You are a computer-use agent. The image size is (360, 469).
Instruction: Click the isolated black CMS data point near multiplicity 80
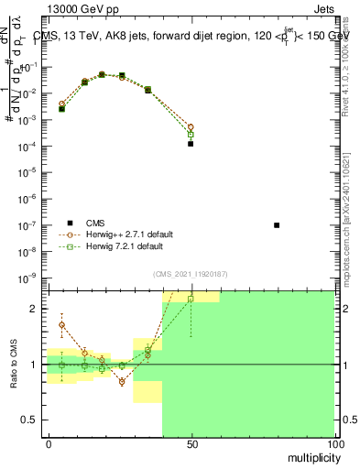[277, 224]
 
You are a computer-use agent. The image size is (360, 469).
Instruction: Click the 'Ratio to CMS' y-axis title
[15, 365]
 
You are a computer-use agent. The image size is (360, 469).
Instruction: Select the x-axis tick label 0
[48, 442]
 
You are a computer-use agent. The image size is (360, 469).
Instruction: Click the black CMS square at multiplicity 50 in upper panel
[191, 144]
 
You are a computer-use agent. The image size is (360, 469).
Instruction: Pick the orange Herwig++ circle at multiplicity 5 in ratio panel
[61, 324]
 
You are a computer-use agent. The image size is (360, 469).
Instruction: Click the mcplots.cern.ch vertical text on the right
[348, 220]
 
